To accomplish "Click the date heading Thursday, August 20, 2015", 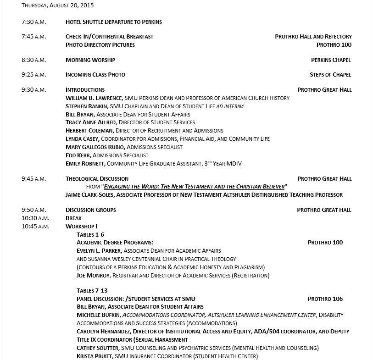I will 57,6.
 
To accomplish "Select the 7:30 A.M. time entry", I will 33,22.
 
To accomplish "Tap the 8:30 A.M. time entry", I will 33,60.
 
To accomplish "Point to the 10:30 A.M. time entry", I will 35,218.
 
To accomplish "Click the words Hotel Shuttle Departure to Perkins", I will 113,22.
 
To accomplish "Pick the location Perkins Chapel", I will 330,60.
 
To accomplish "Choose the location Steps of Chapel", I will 330,75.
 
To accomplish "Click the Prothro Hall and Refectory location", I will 313,37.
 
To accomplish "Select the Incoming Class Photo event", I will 95,75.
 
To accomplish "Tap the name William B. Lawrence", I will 94,98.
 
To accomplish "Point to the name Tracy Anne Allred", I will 91,122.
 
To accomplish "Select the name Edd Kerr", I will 78,155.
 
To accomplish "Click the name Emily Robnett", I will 85,164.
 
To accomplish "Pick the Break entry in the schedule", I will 73,218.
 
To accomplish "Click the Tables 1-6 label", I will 90,235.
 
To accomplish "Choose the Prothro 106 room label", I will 325,299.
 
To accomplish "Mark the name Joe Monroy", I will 93,276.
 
